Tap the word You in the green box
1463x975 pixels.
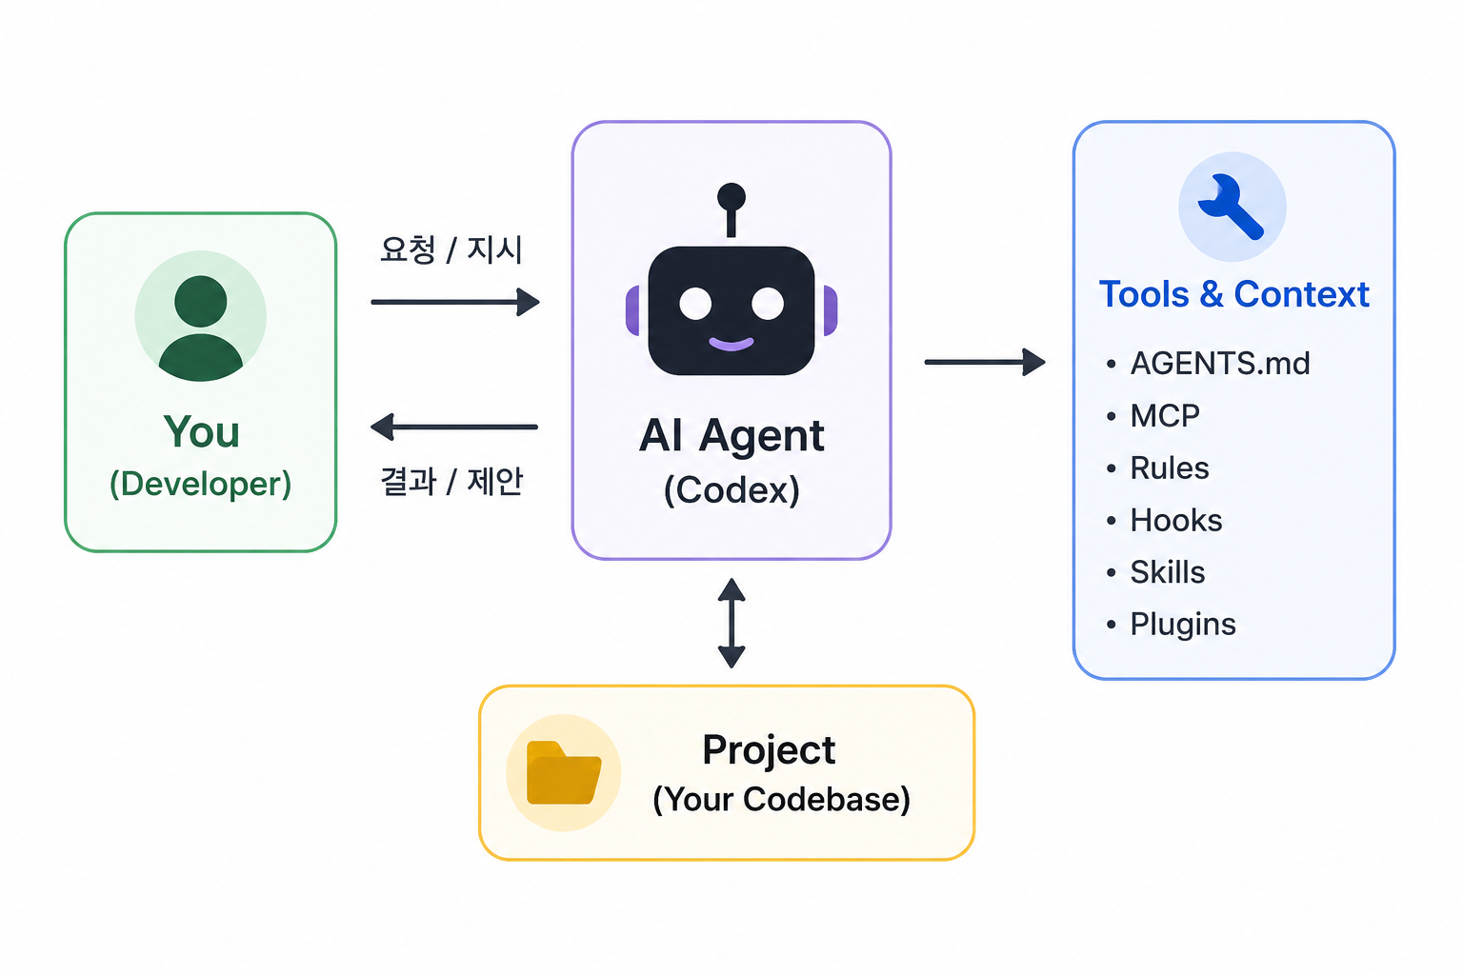[201, 431]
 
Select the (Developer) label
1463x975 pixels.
[201, 484]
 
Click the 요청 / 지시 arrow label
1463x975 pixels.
[451, 249]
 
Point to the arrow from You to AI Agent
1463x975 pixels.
[455, 302]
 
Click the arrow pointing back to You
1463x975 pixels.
[454, 428]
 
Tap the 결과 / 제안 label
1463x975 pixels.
[452, 481]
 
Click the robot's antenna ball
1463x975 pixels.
[731, 196]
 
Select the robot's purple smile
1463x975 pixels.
[731, 344]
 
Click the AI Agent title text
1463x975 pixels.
[731, 435]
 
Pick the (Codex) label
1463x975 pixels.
[731, 489]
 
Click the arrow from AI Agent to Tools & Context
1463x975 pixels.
[985, 362]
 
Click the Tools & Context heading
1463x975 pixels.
[1233, 294]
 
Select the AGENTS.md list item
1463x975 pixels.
[1220, 363]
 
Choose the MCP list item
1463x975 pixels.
[1165, 415]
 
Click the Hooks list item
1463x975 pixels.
[1176, 521]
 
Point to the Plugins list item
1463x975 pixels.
[1184, 625]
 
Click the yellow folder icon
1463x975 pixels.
[564, 772]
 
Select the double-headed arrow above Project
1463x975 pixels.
[731, 623]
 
